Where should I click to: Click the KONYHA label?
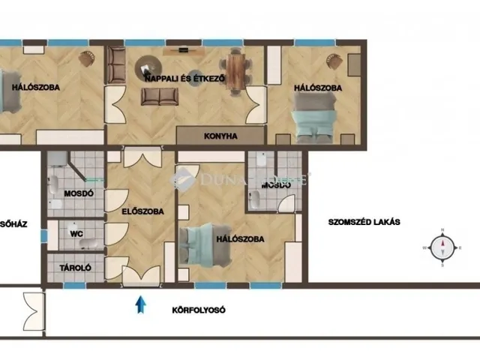(220, 136)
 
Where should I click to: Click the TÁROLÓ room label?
(75, 266)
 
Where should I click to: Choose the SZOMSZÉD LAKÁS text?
(364, 222)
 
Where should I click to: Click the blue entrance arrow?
(139, 304)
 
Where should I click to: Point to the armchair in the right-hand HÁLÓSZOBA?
(331, 60)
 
